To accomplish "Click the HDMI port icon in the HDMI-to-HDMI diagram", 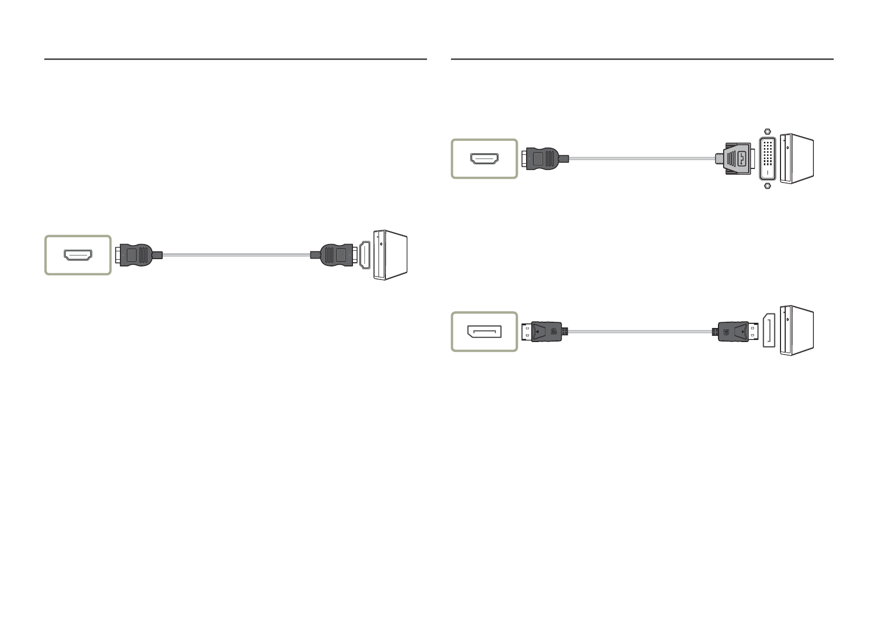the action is pyautogui.click(x=78, y=255).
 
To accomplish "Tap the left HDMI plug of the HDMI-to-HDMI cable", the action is pyautogui.click(x=136, y=255).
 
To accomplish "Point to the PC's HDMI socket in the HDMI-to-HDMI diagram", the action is pyautogui.click(x=365, y=255).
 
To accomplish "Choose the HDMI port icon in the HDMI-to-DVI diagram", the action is pyautogui.click(x=484, y=159).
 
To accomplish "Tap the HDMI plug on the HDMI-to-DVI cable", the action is pyautogui.click(x=543, y=159).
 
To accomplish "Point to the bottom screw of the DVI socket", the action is pyautogui.click(x=766, y=186).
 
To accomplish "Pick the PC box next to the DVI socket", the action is pyautogui.click(x=797, y=159).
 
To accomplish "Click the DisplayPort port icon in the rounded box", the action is pyautogui.click(x=484, y=332).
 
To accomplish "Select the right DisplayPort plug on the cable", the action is pyautogui.click(x=734, y=332).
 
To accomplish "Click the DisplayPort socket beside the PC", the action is pyautogui.click(x=769, y=331).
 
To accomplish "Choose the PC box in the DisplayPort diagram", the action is pyautogui.click(x=797, y=331).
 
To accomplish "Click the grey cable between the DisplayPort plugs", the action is pyautogui.click(x=639, y=332).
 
